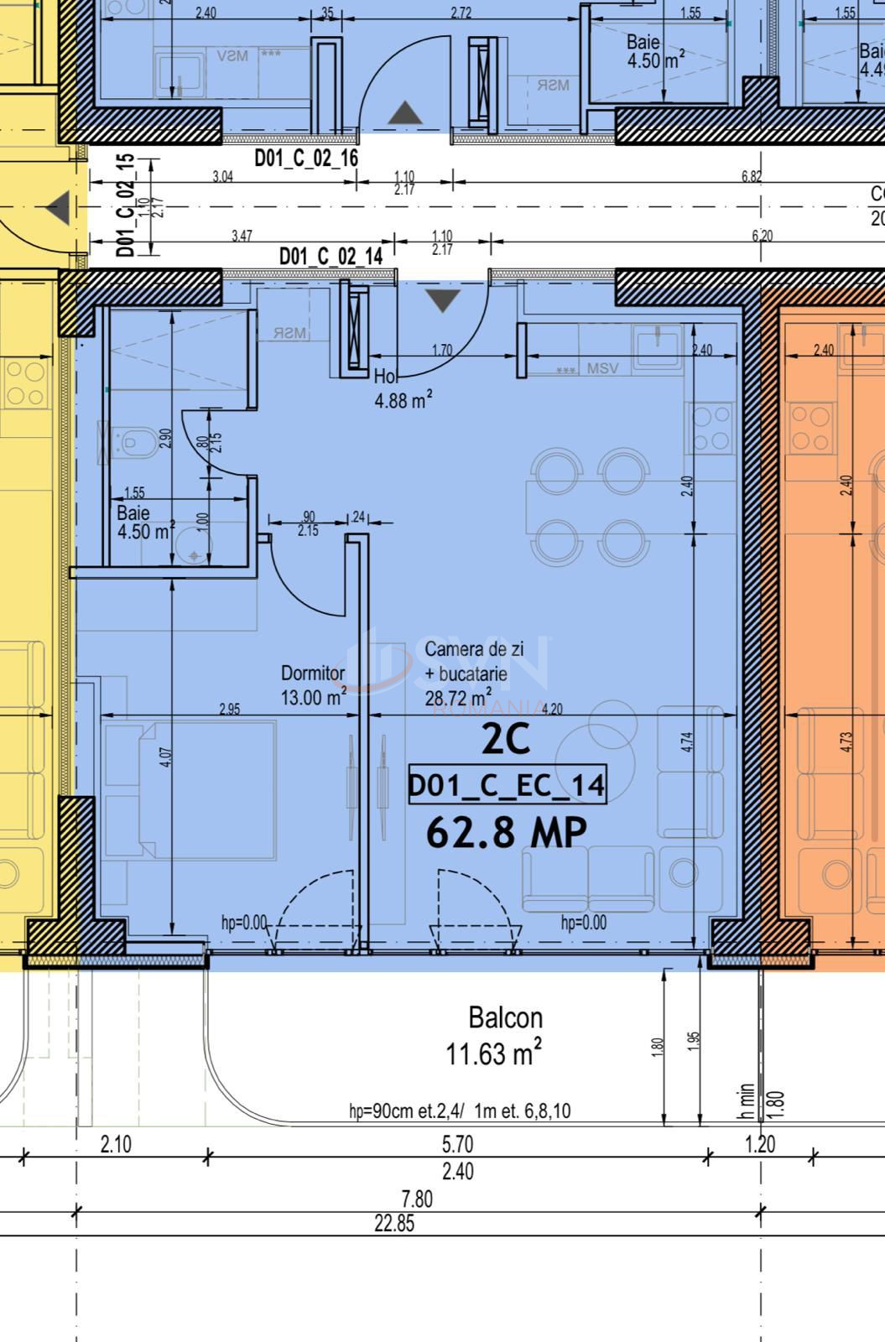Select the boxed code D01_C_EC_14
click(x=507, y=785)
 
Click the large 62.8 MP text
click(x=507, y=832)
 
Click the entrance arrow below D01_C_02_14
click(x=442, y=299)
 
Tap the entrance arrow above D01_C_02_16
click(x=405, y=113)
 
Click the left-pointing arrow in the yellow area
click(x=57, y=208)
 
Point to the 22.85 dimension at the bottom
click(x=394, y=1223)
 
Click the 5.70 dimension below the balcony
click(x=457, y=1144)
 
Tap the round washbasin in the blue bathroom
click(x=195, y=554)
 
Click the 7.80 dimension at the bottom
click(x=417, y=1199)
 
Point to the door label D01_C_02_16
click(x=306, y=159)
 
